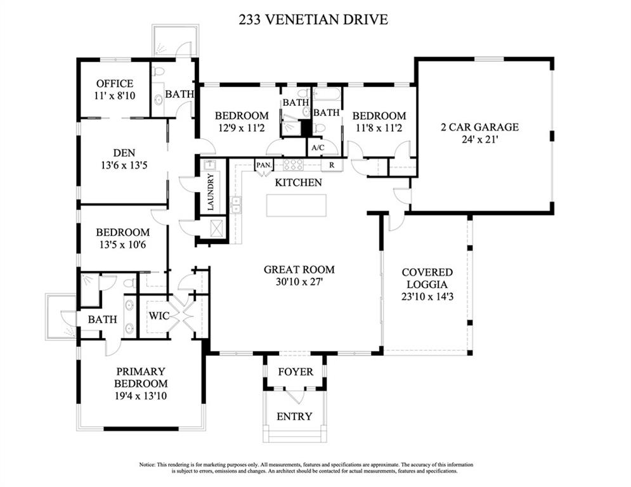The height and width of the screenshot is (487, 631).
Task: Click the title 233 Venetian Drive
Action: point(313,19)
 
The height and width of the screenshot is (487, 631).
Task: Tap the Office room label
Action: point(115,84)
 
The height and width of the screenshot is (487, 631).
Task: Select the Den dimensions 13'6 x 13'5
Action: point(124,165)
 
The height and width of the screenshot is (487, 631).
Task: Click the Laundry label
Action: point(211,192)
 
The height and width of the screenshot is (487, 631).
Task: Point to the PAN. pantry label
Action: point(264,165)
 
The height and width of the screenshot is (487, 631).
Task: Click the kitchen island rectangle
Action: point(296,205)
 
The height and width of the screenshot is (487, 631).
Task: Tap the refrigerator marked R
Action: point(332,165)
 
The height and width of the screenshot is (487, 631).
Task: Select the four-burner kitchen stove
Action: point(294,165)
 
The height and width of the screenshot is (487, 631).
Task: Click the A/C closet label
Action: point(318,148)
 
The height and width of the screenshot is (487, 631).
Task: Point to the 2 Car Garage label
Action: point(479,127)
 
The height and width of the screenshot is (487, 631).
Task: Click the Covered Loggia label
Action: point(427,278)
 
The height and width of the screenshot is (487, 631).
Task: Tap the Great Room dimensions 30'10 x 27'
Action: point(299,282)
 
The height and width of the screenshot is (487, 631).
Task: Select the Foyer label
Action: point(296,372)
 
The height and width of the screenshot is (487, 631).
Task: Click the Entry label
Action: point(294,416)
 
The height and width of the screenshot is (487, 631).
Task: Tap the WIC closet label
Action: point(159,316)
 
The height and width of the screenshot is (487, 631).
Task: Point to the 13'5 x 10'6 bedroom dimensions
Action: point(123,244)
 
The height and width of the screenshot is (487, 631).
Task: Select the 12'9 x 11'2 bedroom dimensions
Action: point(242,128)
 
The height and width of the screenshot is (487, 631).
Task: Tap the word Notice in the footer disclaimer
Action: point(147,464)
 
